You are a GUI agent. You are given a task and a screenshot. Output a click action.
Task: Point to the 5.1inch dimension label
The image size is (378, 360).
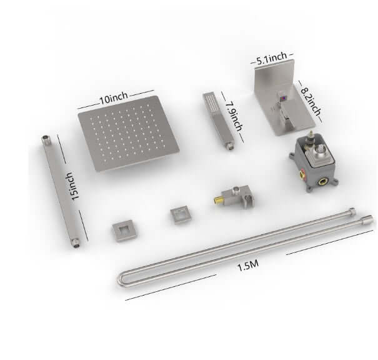point(271,60)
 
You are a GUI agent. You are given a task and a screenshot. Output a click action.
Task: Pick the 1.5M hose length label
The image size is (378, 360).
point(248,265)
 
